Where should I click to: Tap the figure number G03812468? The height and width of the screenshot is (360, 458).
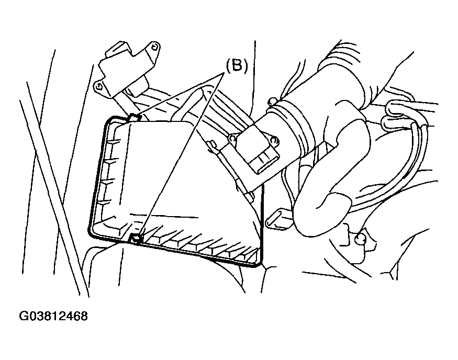53,316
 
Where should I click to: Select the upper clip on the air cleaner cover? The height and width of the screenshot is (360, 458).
135,118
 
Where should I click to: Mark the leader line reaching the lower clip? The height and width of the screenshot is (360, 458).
182,154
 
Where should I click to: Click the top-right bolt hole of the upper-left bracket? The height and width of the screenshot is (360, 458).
154,47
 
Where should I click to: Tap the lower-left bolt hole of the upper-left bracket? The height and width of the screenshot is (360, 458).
99,86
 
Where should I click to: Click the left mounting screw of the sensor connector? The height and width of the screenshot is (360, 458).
233,138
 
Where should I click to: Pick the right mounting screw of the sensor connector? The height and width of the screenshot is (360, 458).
274,141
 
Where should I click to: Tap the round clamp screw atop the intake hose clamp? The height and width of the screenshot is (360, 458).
272,102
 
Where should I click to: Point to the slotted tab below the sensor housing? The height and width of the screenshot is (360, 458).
276,218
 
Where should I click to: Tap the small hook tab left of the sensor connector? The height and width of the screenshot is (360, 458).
212,144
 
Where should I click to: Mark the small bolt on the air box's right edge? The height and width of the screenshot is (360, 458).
250,196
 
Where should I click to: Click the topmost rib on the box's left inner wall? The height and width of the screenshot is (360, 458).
114,142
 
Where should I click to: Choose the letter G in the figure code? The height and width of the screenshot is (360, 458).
24,316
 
